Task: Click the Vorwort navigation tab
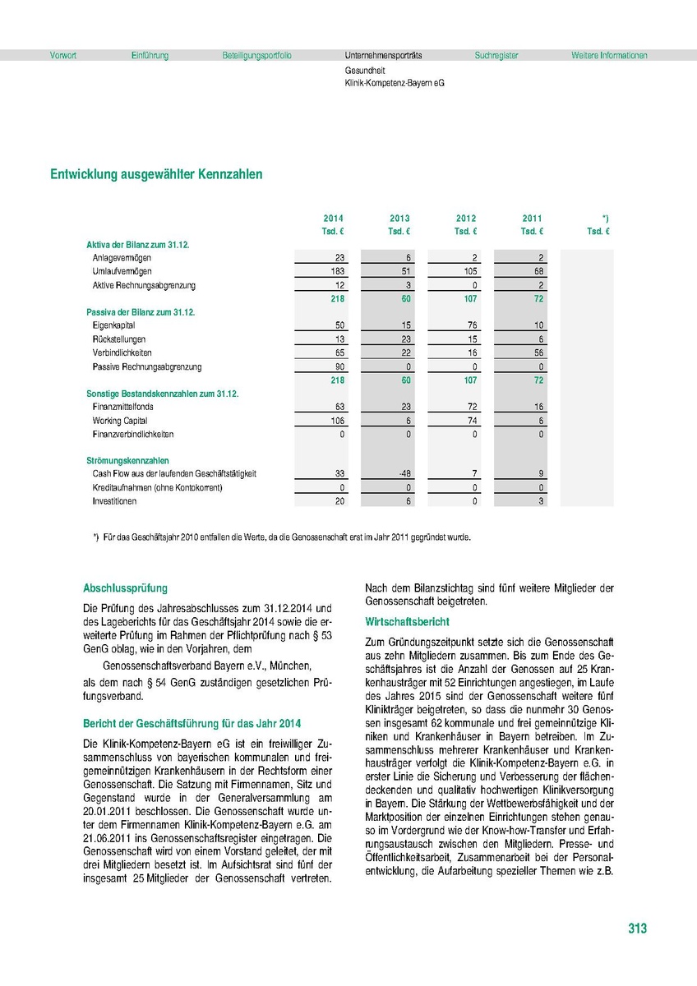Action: click(63, 56)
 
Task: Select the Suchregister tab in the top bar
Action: click(496, 56)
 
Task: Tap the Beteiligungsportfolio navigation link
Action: click(256, 56)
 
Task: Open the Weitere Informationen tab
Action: click(609, 56)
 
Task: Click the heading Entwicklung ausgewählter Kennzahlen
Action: click(156, 174)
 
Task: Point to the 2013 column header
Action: click(399, 218)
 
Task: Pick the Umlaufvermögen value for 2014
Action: click(334, 271)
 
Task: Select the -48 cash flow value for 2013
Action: click(400, 474)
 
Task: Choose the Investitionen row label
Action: click(114, 501)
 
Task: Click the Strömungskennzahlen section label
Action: click(127, 461)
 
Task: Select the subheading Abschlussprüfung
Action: click(125, 588)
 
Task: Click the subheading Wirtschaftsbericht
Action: click(408, 622)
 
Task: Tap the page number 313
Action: click(637, 928)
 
